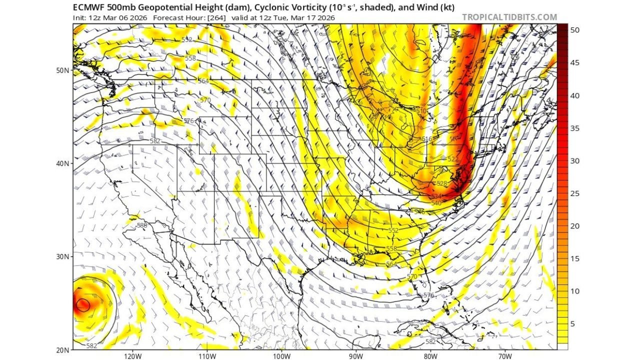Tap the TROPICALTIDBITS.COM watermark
pyautogui.click(x=509, y=17)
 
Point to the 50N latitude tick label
pyautogui.click(x=62, y=70)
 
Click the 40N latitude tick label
pyautogui.click(x=62, y=163)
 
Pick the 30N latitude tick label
pyautogui.click(x=62, y=256)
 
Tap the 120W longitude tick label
pyautogui.click(x=132, y=356)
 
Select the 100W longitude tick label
pyautogui.click(x=281, y=356)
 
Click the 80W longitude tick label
pyautogui.click(x=430, y=356)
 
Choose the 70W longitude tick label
pyautogui.click(x=504, y=356)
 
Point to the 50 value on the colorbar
pyautogui.click(x=575, y=30)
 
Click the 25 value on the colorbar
pyautogui.click(x=575, y=193)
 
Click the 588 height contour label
pyautogui.click(x=142, y=225)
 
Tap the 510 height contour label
pyautogui.click(x=421, y=111)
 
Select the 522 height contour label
pyautogui.click(x=452, y=159)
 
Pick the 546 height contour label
pyautogui.click(x=419, y=212)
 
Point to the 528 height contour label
pyautogui.click(x=441, y=183)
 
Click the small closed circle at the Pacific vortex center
pyautogui.click(x=82, y=304)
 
